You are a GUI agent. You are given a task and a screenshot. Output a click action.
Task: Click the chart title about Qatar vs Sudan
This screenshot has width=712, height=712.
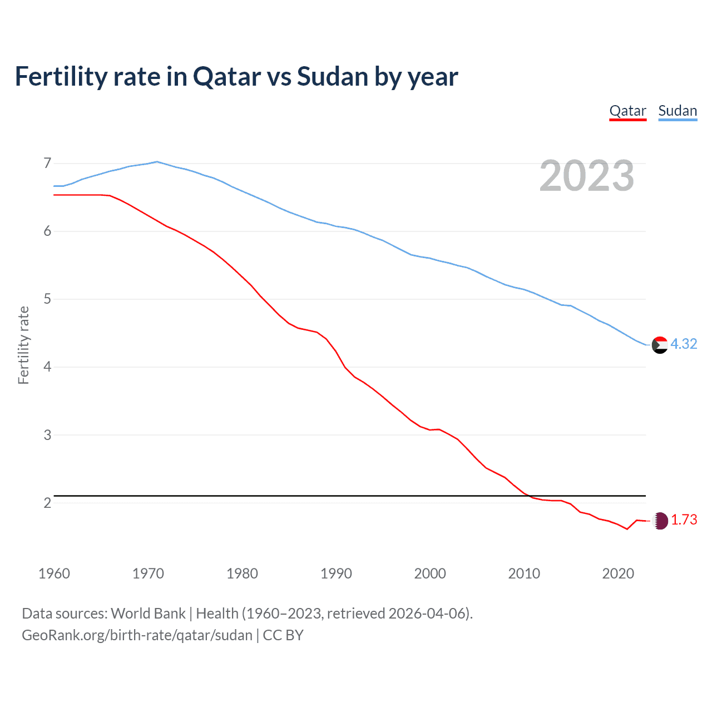click(236, 77)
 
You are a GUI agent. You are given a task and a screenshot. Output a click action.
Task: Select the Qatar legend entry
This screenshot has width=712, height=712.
click(627, 111)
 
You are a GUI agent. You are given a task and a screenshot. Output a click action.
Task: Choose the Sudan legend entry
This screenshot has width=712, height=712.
click(678, 111)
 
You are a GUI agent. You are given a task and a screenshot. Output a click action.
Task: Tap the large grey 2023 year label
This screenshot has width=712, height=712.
click(586, 176)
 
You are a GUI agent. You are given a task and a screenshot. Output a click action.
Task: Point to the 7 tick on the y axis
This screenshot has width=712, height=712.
click(47, 163)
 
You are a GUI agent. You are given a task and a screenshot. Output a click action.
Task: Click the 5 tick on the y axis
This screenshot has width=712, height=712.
click(47, 299)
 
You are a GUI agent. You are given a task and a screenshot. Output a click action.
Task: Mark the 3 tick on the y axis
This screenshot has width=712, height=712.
click(47, 435)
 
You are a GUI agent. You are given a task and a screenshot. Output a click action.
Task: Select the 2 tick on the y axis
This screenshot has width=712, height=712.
click(47, 503)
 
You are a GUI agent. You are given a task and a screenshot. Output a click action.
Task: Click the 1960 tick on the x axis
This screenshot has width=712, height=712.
click(54, 573)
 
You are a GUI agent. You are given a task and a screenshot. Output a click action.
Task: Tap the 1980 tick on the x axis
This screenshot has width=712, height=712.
click(242, 573)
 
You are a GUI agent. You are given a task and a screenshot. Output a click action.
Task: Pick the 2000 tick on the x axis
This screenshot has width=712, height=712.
click(430, 573)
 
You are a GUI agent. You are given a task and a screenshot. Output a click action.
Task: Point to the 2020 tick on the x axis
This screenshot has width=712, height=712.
click(618, 573)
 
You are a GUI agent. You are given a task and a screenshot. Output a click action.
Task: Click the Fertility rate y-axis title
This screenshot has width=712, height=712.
click(23, 345)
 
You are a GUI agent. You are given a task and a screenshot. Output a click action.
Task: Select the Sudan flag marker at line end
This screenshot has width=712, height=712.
click(660, 345)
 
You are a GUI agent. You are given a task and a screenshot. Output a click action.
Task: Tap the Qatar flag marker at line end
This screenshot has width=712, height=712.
click(660, 521)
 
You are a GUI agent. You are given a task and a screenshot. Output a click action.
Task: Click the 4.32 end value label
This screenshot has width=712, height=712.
click(684, 344)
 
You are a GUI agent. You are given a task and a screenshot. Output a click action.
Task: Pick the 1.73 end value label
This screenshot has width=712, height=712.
click(684, 520)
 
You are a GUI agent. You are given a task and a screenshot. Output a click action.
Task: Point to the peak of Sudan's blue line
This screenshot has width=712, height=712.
click(157, 162)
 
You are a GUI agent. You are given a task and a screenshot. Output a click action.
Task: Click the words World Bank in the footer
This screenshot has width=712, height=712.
click(148, 614)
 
